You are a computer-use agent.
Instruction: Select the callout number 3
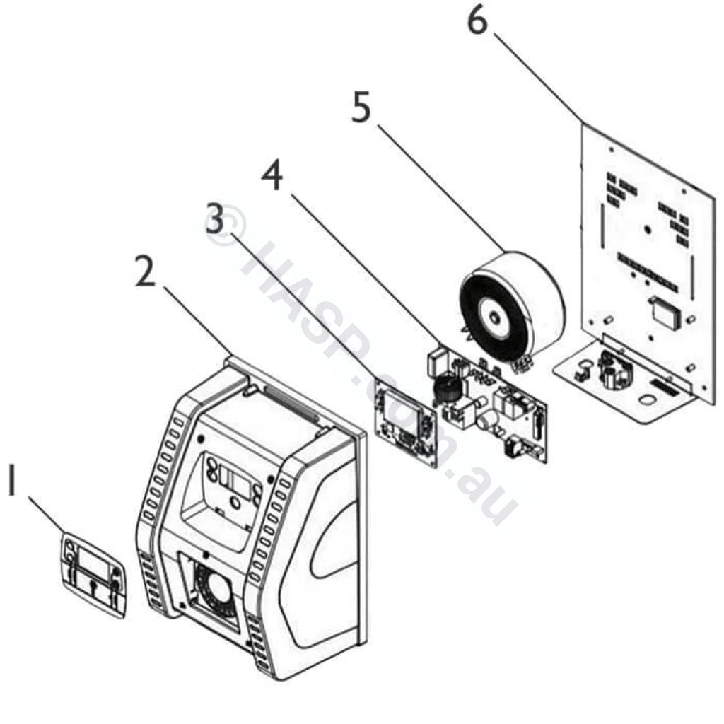click(214, 219)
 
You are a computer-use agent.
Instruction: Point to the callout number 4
click(272, 176)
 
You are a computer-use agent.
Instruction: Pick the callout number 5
click(361, 107)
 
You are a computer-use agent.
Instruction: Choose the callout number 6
click(477, 20)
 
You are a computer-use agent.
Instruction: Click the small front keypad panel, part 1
click(93, 573)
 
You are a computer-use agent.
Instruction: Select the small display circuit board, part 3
click(405, 424)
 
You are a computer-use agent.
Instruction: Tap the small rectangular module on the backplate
click(665, 311)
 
